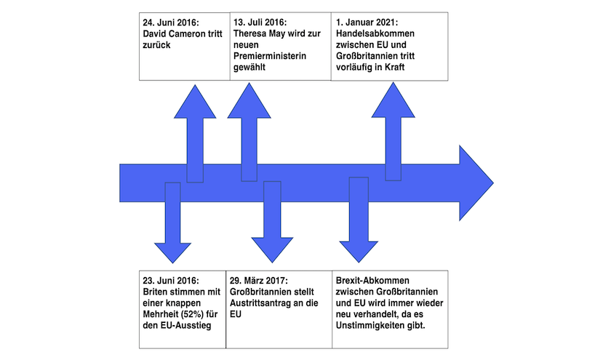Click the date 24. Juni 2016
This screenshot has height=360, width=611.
point(171,23)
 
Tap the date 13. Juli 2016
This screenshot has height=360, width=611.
point(260,23)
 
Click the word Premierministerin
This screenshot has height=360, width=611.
point(270,56)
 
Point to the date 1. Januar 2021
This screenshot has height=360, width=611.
point(367,23)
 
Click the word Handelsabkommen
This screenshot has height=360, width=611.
point(375,33)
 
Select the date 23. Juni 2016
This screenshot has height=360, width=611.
point(171,281)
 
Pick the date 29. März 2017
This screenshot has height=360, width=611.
point(259,281)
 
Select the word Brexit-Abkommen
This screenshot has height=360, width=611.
point(372,281)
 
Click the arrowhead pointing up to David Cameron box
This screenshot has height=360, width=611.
point(195,101)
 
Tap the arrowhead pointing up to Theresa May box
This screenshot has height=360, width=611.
point(249,100)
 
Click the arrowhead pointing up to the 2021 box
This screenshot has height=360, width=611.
point(394,100)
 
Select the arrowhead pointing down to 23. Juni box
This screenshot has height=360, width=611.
point(172,253)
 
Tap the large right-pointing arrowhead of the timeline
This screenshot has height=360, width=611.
point(476,183)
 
